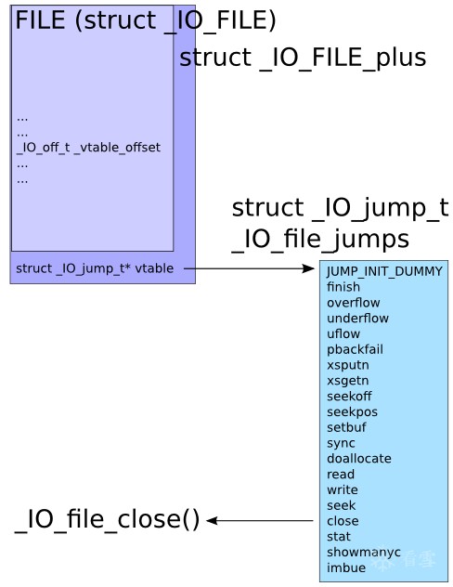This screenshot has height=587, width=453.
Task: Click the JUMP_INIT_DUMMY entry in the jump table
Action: (x=384, y=272)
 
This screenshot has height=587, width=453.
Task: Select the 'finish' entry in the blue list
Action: (x=343, y=287)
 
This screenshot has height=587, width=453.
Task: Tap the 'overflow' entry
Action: (x=354, y=303)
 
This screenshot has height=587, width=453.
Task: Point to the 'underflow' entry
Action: (x=357, y=319)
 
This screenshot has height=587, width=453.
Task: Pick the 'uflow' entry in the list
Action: (x=343, y=334)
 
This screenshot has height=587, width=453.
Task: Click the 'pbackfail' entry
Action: (x=355, y=349)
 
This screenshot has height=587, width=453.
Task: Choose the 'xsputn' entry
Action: (x=348, y=365)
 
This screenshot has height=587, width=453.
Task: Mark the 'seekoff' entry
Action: (x=349, y=397)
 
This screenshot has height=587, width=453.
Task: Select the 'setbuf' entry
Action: (x=346, y=427)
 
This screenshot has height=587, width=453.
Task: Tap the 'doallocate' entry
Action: (x=359, y=459)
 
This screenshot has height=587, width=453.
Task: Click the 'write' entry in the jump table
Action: (x=343, y=490)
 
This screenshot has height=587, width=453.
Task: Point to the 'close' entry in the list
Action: (x=343, y=521)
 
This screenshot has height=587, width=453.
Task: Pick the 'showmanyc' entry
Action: (x=364, y=553)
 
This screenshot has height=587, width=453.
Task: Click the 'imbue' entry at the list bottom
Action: (x=346, y=567)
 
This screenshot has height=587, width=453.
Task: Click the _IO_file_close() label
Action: (x=107, y=520)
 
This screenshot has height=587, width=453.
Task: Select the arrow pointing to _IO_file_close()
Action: (x=260, y=521)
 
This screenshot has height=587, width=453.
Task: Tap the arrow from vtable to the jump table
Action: (x=249, y=268)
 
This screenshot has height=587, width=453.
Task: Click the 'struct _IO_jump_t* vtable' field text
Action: (x=95, y=268)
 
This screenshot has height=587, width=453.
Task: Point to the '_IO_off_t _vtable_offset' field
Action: (x=88, y=148)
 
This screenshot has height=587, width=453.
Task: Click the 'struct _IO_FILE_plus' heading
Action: (x=303, y=59)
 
